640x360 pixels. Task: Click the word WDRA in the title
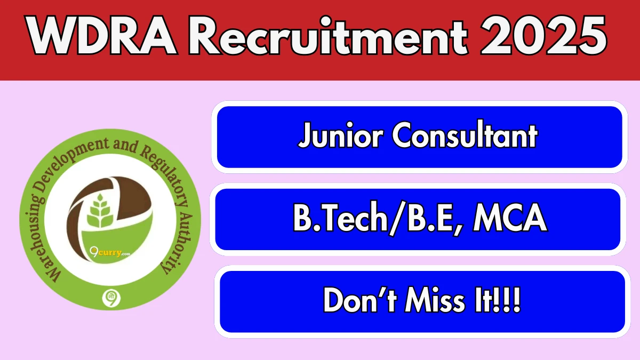point(102,35)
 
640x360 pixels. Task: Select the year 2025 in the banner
point(543,35)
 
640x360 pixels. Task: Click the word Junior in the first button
point(340,134)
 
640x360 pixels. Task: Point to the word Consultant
point(465,134)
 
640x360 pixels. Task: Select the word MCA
point(510,217)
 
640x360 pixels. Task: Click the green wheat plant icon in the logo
point(100,211)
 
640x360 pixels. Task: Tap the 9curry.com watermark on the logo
point(110,252)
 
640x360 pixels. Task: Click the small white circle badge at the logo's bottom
point(111,298)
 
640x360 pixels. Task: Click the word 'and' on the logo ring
point(125,145)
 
